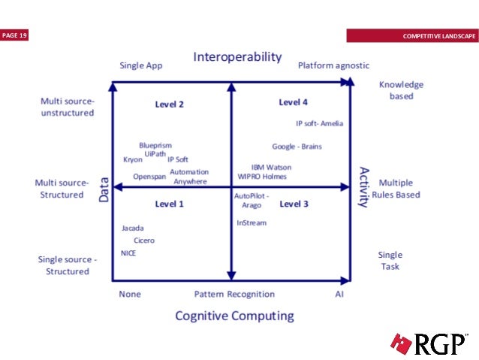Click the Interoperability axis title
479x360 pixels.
point(237,57)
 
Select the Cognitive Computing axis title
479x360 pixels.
point(234,316)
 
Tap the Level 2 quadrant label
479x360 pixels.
point(169,104)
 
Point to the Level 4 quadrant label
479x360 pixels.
point(293,102)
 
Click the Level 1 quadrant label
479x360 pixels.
point(169,204)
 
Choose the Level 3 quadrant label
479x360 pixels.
point(294,204)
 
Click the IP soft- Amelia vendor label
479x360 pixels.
point(319,124)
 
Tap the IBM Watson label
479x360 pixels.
point(271,167)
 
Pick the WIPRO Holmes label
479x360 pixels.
point(262,177)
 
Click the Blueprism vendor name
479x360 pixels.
point(155,145)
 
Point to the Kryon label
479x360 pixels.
point(132,159)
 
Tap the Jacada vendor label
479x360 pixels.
point(132,228)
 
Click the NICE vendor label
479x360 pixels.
point(128,253)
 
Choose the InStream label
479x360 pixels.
point(252,222)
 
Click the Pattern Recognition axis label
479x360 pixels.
point(234,294)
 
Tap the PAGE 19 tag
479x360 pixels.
point(14,35)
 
